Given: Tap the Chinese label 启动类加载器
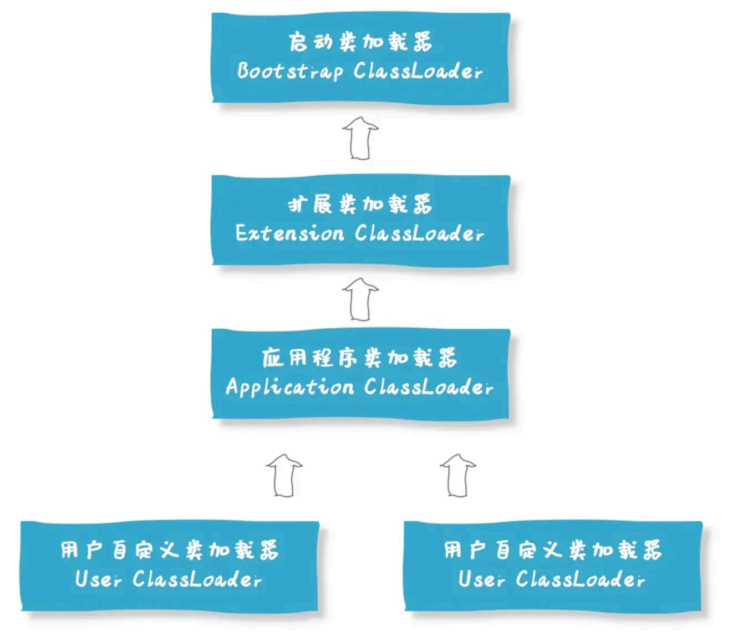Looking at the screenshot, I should pos(360,42).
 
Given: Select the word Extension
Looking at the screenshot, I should pos(289,233).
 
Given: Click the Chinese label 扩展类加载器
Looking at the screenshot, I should pos(360,205).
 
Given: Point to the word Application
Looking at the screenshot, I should pos(289,386).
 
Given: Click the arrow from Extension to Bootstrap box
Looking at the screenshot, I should pos(360,138).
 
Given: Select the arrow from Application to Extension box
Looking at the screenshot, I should pos(360,299).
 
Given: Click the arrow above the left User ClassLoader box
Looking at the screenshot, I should pos(284,476).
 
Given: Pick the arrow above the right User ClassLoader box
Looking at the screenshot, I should pos(458,476).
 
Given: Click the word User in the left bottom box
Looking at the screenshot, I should pos(98,579).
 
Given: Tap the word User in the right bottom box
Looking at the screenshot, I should pos(481,579).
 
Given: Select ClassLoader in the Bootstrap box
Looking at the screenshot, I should pos(418,72).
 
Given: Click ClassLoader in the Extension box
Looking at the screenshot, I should pos(419,233).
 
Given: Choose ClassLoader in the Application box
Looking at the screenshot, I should pos(429,386).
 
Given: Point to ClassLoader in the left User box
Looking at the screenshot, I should pos(197,579).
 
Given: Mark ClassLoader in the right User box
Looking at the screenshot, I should pos(581,579).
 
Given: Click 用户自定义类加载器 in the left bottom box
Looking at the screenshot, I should pos(170,551).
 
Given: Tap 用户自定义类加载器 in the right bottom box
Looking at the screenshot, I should pos(553,551).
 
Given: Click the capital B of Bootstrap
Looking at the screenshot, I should pos(243,71).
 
